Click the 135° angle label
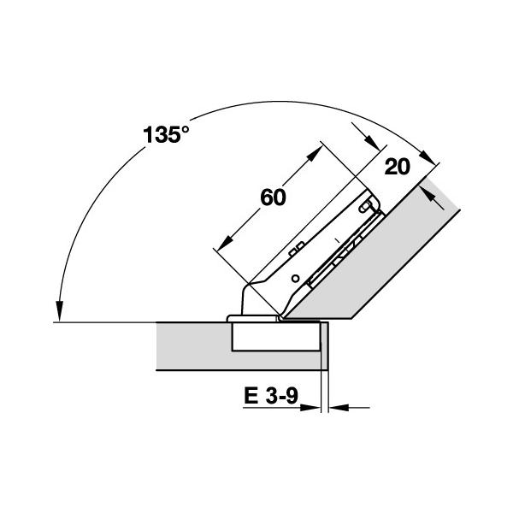pos(166,134)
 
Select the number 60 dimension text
pos(273,198)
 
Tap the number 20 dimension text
pos(398,167)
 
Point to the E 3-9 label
pos(271,396)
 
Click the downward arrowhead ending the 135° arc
pos(59,311)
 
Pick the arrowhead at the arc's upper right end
pos(428,157)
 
